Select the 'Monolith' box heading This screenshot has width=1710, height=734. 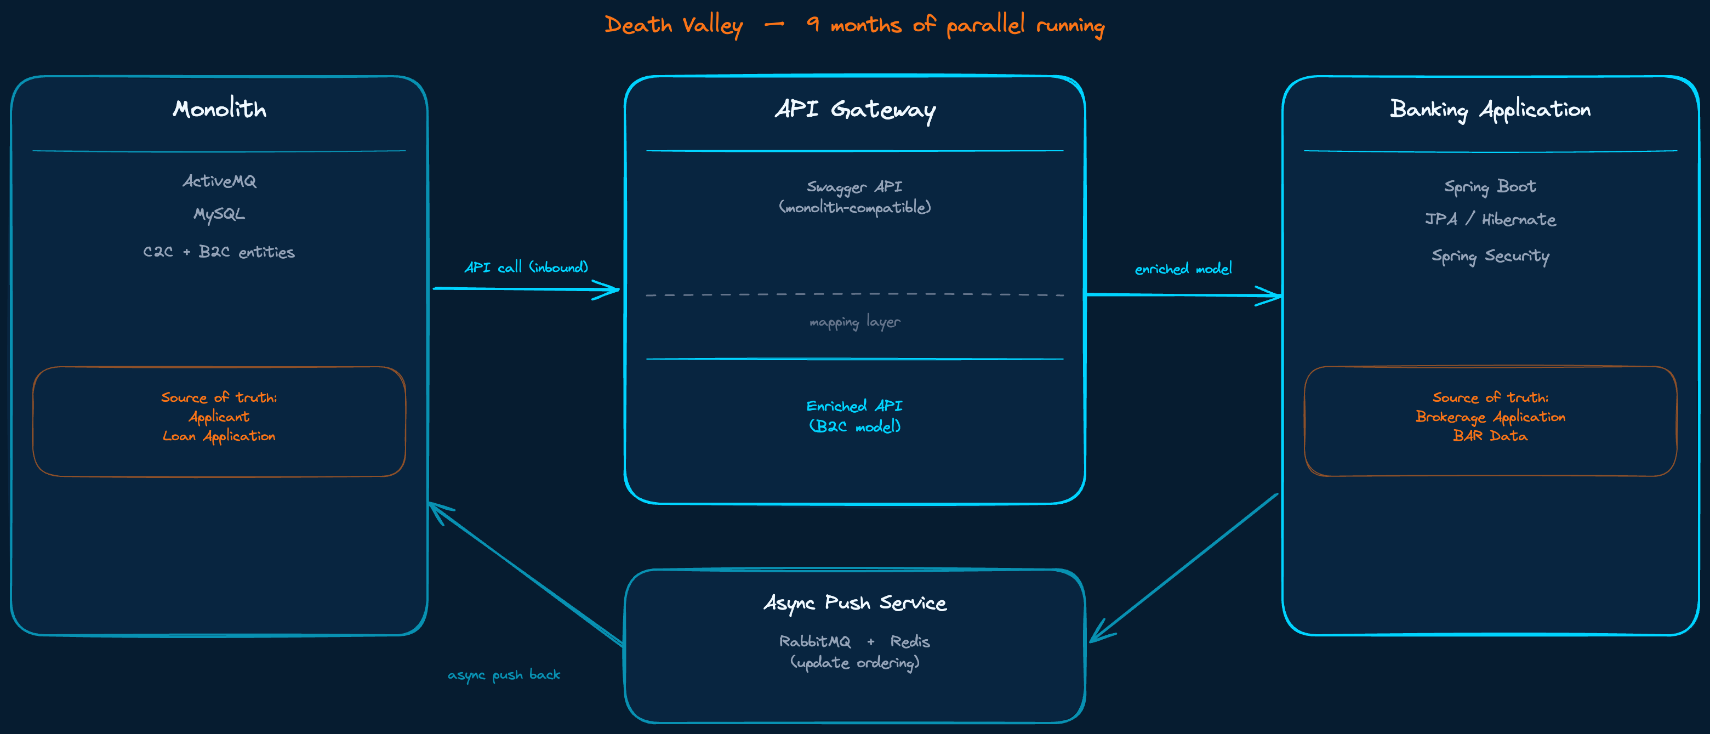(219, 108)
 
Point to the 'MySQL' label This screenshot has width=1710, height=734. (219, 214)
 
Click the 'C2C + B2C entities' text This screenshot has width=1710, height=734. (219, 252)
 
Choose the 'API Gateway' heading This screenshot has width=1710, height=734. (855, 110)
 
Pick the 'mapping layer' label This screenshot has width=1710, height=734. (855, 322)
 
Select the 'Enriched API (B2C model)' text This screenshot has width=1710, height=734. (855, 416)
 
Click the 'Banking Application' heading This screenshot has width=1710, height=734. (1490, 110)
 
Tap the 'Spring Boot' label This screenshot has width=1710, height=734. (1490, 187)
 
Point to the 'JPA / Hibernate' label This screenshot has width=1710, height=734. (1490, 220)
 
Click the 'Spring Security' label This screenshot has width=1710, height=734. (1490, 256)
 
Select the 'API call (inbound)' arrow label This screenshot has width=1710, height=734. (526, 268)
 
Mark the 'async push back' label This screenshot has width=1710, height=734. (504, 675)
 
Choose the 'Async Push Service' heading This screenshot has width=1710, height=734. (855, 602)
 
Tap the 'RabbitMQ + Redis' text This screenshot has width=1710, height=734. (855, 642)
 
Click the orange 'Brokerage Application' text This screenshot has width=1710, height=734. (1490, 417)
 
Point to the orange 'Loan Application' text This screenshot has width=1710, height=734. (219, 436)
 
